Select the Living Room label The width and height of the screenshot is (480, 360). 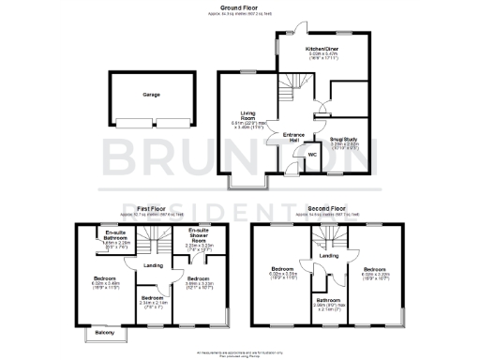(x=248, y=114)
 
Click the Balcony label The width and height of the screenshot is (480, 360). (x=97, y=333)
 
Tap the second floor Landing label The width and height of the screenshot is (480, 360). (x=328, y=255)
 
